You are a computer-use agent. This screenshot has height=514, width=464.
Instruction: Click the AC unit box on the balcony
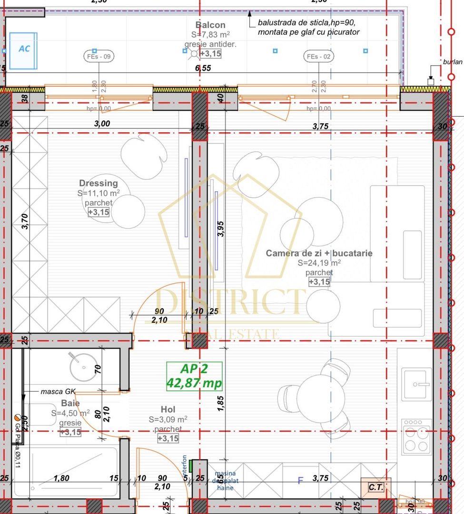click(23, 50)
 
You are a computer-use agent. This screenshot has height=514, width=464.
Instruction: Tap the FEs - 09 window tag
click(99, 57)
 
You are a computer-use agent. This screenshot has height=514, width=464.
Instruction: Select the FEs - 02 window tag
click(319, 57)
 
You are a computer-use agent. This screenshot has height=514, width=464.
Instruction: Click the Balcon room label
click(210, 25)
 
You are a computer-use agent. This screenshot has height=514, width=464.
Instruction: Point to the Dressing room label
click(99, 183)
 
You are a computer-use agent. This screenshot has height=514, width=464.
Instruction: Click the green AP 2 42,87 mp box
click(194, 376)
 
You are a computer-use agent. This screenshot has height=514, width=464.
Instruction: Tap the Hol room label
click(168, 410)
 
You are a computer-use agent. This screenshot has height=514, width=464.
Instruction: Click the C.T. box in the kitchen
click(376, 487)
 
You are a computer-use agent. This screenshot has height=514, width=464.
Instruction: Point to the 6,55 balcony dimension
click(203, 68)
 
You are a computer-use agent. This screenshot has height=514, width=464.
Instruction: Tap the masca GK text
click(58, 392)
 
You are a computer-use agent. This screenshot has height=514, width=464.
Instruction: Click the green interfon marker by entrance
click(191, 465)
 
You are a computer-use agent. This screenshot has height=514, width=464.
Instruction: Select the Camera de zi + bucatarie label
click(319, 253)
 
